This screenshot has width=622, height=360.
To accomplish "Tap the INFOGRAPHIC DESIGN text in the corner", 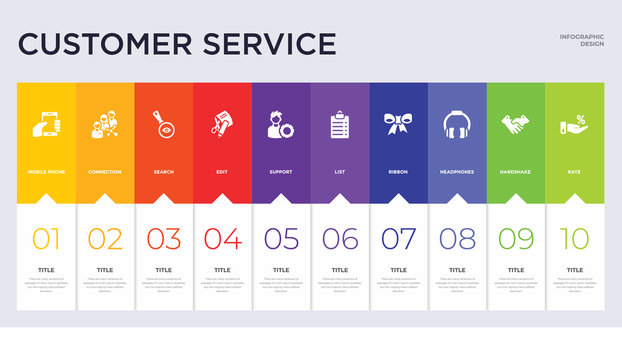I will click(581, 40).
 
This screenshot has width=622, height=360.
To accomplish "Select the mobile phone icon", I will click(46, 125).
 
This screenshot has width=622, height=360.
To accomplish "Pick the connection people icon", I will click(105, 125).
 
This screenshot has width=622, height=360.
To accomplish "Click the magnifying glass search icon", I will click(163, 125).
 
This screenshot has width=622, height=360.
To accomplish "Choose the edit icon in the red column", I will click(222, 125).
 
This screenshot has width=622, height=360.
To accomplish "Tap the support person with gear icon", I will click(281, 125).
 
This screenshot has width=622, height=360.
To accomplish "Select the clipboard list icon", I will click(339, 125).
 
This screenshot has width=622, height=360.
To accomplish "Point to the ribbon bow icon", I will click(398, 124).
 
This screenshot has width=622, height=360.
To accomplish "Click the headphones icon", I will click(457, 125).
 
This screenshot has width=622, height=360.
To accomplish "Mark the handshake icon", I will click(515, 125).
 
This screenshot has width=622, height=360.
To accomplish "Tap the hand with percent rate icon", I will click(574, 125).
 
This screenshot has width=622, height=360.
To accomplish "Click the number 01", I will click(46, 238).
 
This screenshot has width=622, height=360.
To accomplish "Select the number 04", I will click(222, 238).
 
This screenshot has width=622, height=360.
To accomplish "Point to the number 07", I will click(398, 238).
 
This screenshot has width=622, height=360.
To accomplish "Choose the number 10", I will click(574, 238).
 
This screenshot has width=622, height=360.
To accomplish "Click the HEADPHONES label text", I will click(457, 172).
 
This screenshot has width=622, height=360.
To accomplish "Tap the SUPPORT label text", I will click(281, 172).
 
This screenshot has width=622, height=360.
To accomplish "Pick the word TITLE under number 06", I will click(339, 270).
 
